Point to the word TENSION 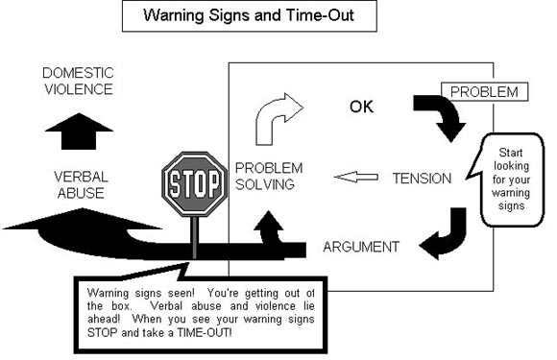click(422, 178)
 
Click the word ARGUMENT click(361, 247)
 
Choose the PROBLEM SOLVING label click(264, 177)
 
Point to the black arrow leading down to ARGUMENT click(447, 236)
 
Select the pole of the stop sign click(194, 235)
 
